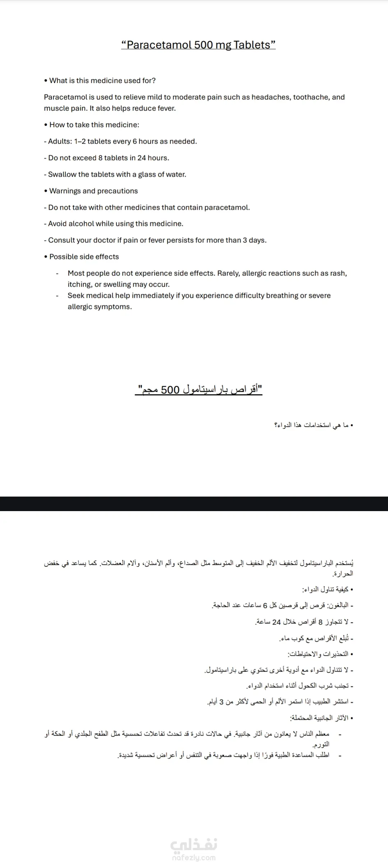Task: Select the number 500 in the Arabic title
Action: click(x=170, y=390)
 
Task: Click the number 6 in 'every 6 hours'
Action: click(x=135, y=141)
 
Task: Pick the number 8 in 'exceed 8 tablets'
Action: click(x=101, y=158)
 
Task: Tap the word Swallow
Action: click(x=62, y=174)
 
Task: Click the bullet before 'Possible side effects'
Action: click(x=46, y=257)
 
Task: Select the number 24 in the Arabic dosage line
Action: click(x=276, y=622)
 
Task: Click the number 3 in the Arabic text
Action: click(x=222, y=702)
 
